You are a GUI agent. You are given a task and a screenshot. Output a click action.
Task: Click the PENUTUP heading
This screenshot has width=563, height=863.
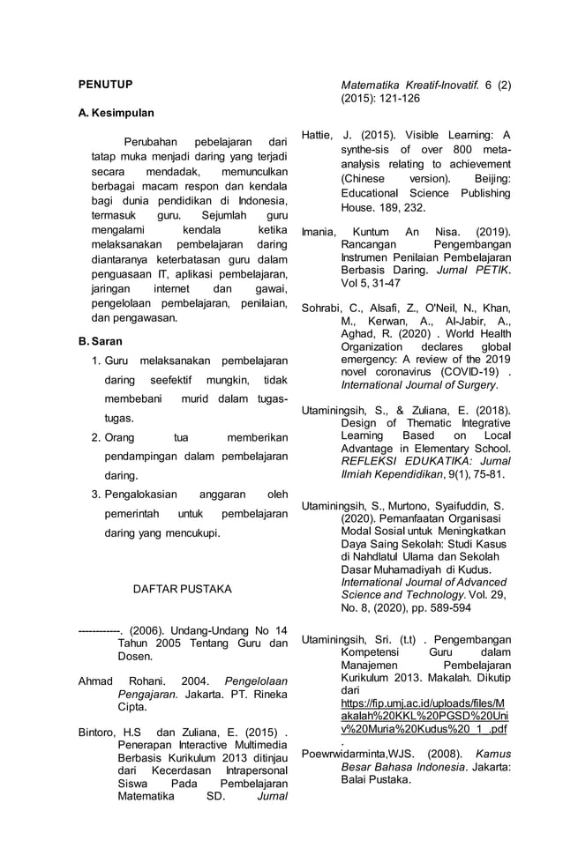(105, 85)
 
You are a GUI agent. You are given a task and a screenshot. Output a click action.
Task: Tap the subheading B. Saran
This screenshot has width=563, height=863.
(102, 340)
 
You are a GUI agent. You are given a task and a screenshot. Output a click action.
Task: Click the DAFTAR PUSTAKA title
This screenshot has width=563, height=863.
(182, 588)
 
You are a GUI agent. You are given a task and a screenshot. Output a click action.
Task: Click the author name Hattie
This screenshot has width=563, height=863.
(317, 135)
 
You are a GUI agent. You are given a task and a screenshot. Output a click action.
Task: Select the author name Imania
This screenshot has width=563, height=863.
(319, 231)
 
